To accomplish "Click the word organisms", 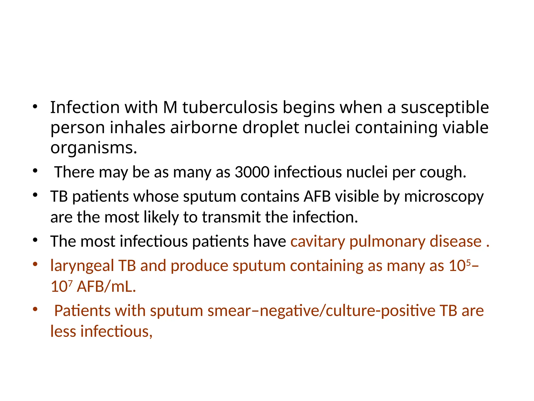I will [94, 148].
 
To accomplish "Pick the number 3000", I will [252, 172].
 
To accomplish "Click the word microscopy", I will [444, 196].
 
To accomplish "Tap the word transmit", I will [231, 217].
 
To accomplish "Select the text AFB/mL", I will [106, 286].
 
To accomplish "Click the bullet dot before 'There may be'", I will [35, 171].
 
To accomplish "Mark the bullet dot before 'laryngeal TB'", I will [35, 264].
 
